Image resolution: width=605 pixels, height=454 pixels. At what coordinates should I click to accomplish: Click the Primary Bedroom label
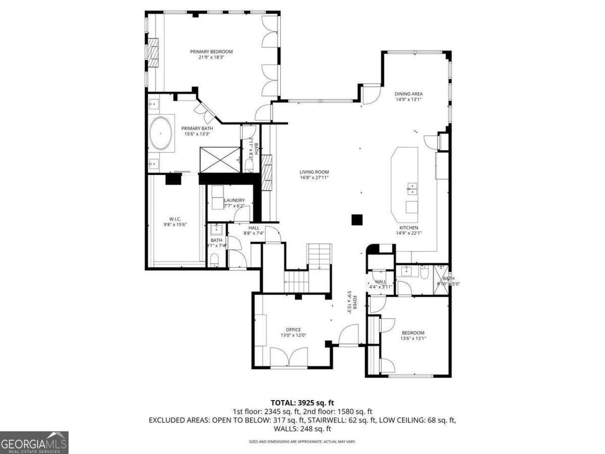click(x=211, y=51)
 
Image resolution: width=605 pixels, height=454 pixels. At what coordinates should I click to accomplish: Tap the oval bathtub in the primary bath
click(x=161, y=134)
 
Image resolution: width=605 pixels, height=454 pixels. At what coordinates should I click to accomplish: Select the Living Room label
click(x=314, y=172)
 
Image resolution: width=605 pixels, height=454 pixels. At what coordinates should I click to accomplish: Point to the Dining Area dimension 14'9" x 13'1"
click(x=408, y=99)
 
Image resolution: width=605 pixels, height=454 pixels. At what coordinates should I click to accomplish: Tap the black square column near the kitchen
click(x=357, y=219)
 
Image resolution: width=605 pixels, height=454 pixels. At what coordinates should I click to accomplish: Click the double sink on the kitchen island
click(x=412, y=189)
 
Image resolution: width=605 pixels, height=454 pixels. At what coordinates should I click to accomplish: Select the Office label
click(x=293, y=329)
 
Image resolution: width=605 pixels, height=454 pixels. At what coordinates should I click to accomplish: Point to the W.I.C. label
click(x=175, y=219)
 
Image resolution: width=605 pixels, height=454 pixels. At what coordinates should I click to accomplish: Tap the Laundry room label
click(x=234, y=200)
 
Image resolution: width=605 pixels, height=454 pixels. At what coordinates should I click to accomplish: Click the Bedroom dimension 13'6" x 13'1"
click(x=413, y=338)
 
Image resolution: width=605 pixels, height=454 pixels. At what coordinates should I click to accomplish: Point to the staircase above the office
click(x=308, y=267)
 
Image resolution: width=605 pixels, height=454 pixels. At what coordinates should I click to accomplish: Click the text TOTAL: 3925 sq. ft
click(x=302, y=403)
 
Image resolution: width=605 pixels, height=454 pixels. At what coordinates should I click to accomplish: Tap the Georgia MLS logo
click(x=34, y=442)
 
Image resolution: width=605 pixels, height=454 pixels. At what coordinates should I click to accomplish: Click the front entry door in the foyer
click(x=348, y=335)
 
